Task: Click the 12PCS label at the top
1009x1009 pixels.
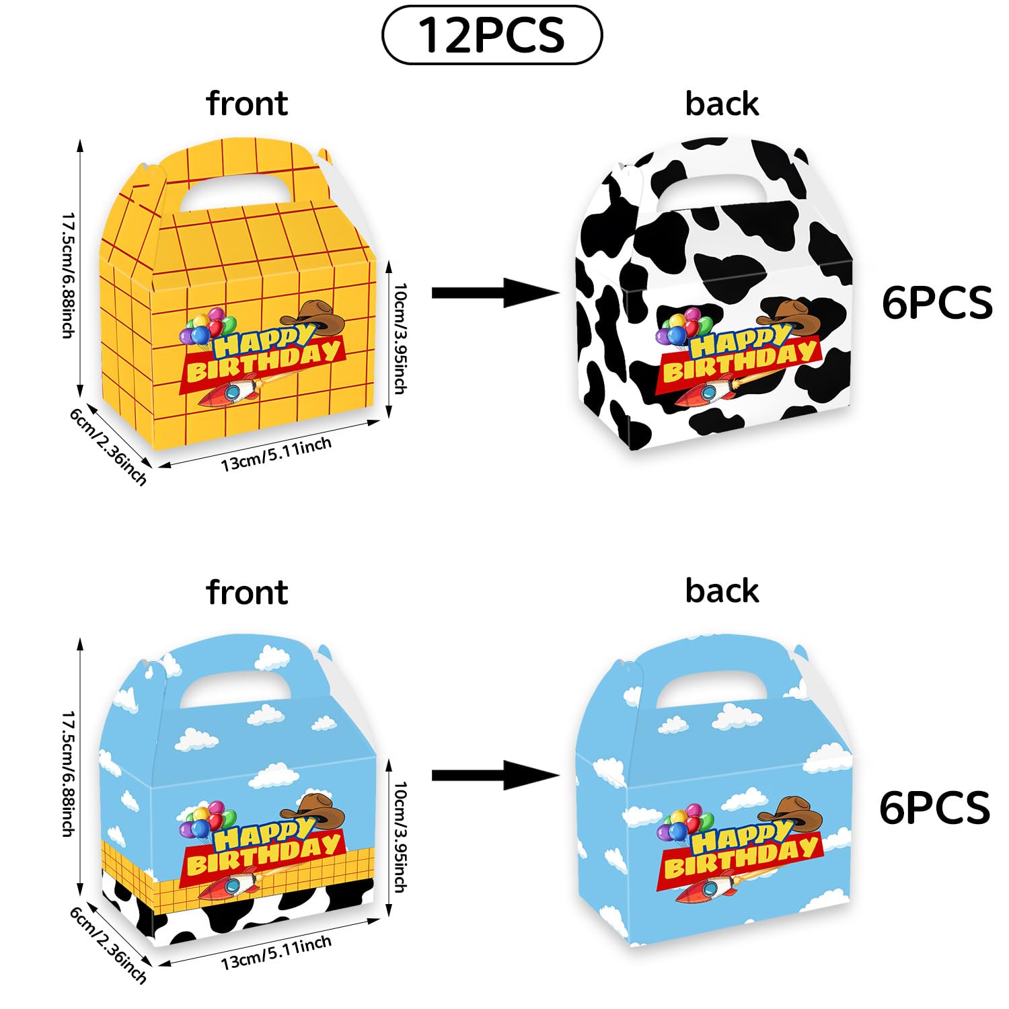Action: click(x=491, y=35)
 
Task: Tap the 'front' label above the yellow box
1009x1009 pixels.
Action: click(x=247, y=104)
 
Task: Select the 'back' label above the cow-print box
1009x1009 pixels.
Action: click(x=722, y=104)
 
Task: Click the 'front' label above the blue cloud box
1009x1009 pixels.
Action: click(x=247, y=592)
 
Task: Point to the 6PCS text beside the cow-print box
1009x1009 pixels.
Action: click(x=937, y=303)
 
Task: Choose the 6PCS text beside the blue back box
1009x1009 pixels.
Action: click(x=935, y=807)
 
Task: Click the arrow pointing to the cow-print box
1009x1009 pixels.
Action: click(x=495, y=293)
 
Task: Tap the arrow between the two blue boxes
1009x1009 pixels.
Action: click(x=495, y=776)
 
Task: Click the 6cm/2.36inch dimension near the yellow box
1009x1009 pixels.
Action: click(x=108, y=446)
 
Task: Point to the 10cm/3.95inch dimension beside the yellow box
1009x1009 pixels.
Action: click(x=400, y=338)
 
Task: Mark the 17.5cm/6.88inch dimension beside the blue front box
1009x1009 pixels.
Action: click(x=68, y=774)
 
